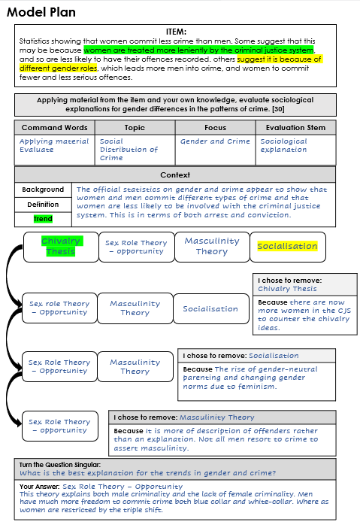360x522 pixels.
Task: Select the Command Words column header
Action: (54, 128)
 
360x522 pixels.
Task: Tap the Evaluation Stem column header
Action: (295, 128)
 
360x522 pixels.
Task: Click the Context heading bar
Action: (175, 175)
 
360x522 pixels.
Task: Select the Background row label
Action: (43, 190)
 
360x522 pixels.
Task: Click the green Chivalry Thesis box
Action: (61, 246)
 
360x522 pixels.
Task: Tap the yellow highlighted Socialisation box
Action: (287, 246)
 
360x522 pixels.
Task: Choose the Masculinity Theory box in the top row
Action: (211, 246)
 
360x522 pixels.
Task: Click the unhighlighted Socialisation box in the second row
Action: (210, 308)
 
